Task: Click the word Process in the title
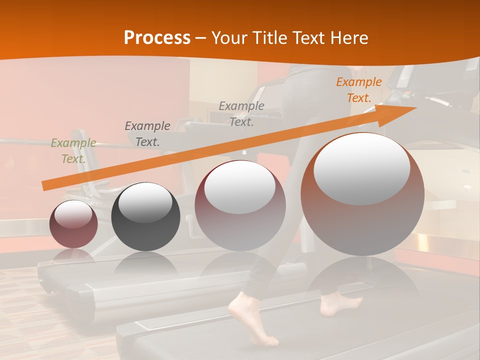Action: coord(157,38)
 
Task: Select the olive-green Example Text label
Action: coord(73,150)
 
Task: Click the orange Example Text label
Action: coord(358,90)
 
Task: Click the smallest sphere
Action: coord(73,224)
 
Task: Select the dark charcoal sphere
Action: coord(145,217)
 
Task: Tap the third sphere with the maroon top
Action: coord(240,205)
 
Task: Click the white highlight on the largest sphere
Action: coord(362,169)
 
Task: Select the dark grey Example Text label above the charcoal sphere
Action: coord(147,133)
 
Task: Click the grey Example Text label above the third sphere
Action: coord(241,113)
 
